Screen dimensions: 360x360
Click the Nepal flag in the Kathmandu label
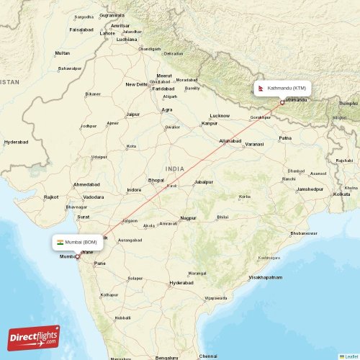coord(261,88)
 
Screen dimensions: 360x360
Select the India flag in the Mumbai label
coord(61,243)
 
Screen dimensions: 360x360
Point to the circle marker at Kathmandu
coord(282,102)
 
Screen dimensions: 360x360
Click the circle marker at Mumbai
coord(78,256)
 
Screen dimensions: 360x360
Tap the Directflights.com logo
coord(34,337)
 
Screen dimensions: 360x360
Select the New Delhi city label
coord(136,84)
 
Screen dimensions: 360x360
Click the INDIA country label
coord(174,168)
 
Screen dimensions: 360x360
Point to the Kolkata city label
coord(341,194)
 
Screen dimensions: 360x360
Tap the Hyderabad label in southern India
coord(181,283)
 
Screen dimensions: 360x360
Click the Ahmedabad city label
coord(86,184)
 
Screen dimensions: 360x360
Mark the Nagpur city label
coord(188,217)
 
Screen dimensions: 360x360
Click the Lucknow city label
coord(220,116)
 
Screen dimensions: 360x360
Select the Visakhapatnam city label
coord(265,277)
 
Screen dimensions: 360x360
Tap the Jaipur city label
coord(132,114)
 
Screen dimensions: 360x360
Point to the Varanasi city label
coord(254,145)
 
